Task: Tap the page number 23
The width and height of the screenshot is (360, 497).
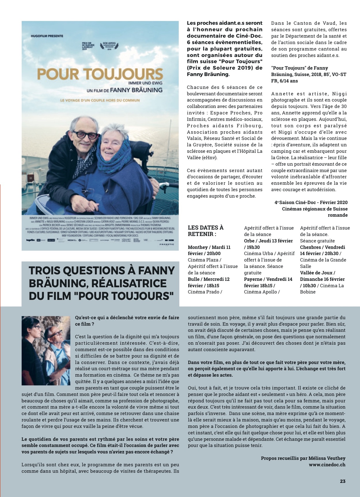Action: [342, 481]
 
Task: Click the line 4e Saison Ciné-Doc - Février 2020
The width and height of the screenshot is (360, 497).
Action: [311, 202]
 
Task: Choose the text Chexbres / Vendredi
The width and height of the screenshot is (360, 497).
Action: [322, 247]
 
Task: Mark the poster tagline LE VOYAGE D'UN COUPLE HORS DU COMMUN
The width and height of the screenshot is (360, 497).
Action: [100, 100]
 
